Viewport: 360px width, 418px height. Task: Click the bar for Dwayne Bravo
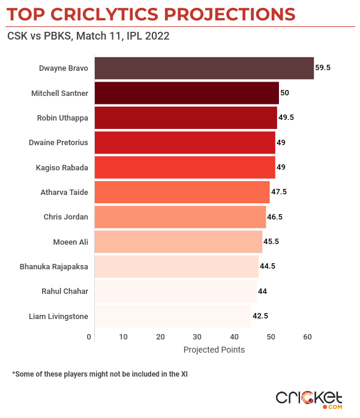coord(204,68)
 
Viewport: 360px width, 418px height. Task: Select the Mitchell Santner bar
coord(187,93)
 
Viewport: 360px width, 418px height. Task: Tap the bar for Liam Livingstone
coord(173,316)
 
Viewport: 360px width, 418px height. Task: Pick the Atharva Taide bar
coord(182,192)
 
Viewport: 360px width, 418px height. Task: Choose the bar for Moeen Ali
coord(179,242)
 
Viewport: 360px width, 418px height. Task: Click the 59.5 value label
coord(323,68)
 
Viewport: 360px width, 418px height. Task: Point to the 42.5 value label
coord(260,316)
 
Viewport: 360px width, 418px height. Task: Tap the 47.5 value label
coord(279,192)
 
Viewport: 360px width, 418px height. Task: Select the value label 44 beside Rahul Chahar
coord(262,291)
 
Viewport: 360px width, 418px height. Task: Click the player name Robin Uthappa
coord(62,118)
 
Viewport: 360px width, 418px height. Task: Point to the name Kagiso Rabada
coord(62,167)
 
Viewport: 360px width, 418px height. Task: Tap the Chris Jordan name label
coord(66,217)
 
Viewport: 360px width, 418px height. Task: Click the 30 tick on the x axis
coord(197,338)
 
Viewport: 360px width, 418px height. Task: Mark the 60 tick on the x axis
coord(308,338)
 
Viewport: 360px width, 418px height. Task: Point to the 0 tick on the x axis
coord(89,338)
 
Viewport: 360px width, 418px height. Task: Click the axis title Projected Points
coord(214,350)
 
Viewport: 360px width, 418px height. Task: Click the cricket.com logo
coord(309,399)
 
